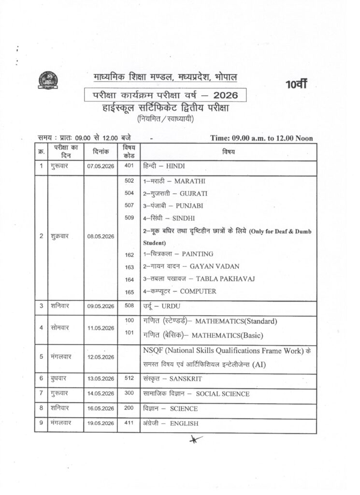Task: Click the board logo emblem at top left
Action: pyautogui.click(x=46, y=80)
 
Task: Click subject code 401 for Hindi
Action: pyautogui.click(x=129, y=165)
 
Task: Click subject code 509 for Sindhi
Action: pyautogui.click(x=129, y=218)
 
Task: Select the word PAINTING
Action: pyautogui.click(x=195, y=254)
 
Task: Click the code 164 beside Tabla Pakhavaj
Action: pyautogui.click(x=129, y=279)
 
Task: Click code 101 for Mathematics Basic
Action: pyautogui.click(x=129, y=333)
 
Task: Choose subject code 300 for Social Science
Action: pyautogui.click(x=129, y=393)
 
